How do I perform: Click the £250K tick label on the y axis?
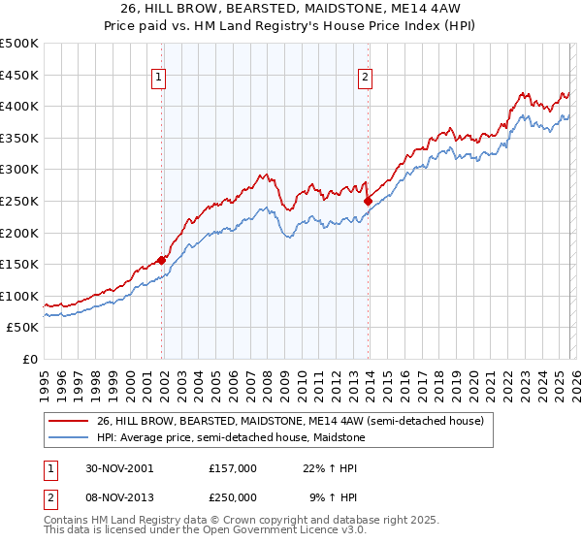pos(18,201)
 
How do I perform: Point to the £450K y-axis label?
pos(18,75)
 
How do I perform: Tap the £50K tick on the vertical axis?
pos(22,328)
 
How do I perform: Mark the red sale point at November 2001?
pos(162,259)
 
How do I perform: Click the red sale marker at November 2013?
pos(368,201)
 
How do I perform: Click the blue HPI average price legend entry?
pos(230,437)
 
